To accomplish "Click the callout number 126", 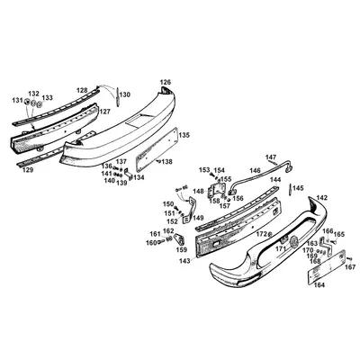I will [165, 82].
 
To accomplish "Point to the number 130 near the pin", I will [124, 94].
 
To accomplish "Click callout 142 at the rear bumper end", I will [322, 198].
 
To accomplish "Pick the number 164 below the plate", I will [319, 285].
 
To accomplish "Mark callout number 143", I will [184, 261].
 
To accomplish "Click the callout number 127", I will [105, 112].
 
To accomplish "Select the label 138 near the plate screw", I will [166, 162].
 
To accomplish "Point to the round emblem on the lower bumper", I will [291, 239].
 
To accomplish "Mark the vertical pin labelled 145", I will [291, 190].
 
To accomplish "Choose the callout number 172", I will [259, 235].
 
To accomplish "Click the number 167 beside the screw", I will [350, 267].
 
